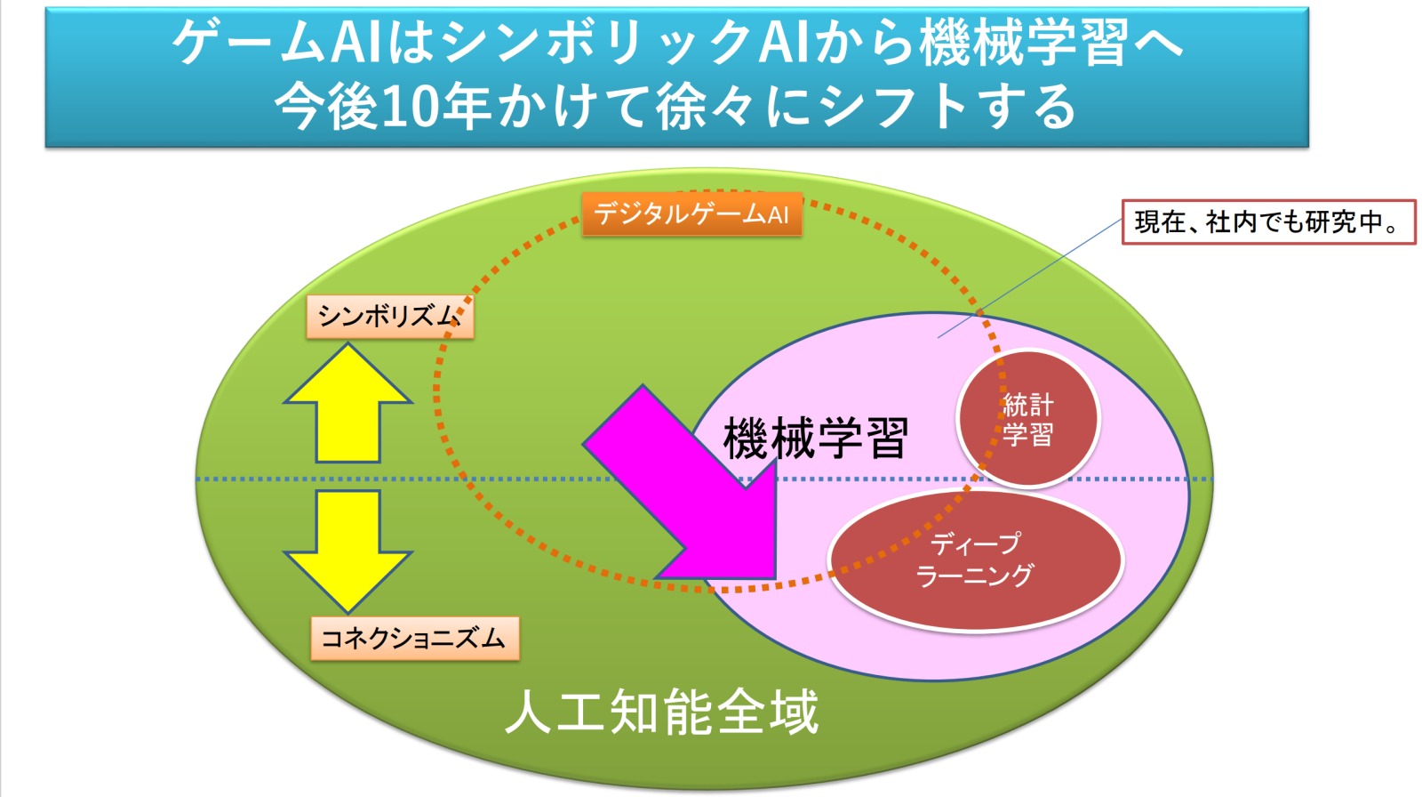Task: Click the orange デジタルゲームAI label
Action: click(692, 215)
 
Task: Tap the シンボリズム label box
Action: click(390, 317)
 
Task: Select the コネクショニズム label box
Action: click(415, 639)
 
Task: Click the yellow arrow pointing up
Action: click(348, 404)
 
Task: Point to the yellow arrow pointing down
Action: click(348, 551)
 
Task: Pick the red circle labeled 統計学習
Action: click(1027, 419)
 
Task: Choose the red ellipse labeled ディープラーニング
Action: click(976, 560)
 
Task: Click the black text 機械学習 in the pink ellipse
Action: click(816, 438)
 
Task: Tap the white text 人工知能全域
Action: click(661, 713)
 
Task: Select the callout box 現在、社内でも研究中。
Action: click(1269, 221)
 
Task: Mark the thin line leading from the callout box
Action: click(1030, 278)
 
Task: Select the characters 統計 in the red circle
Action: click(1027, 404)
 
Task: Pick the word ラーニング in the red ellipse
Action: click(976, 576)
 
